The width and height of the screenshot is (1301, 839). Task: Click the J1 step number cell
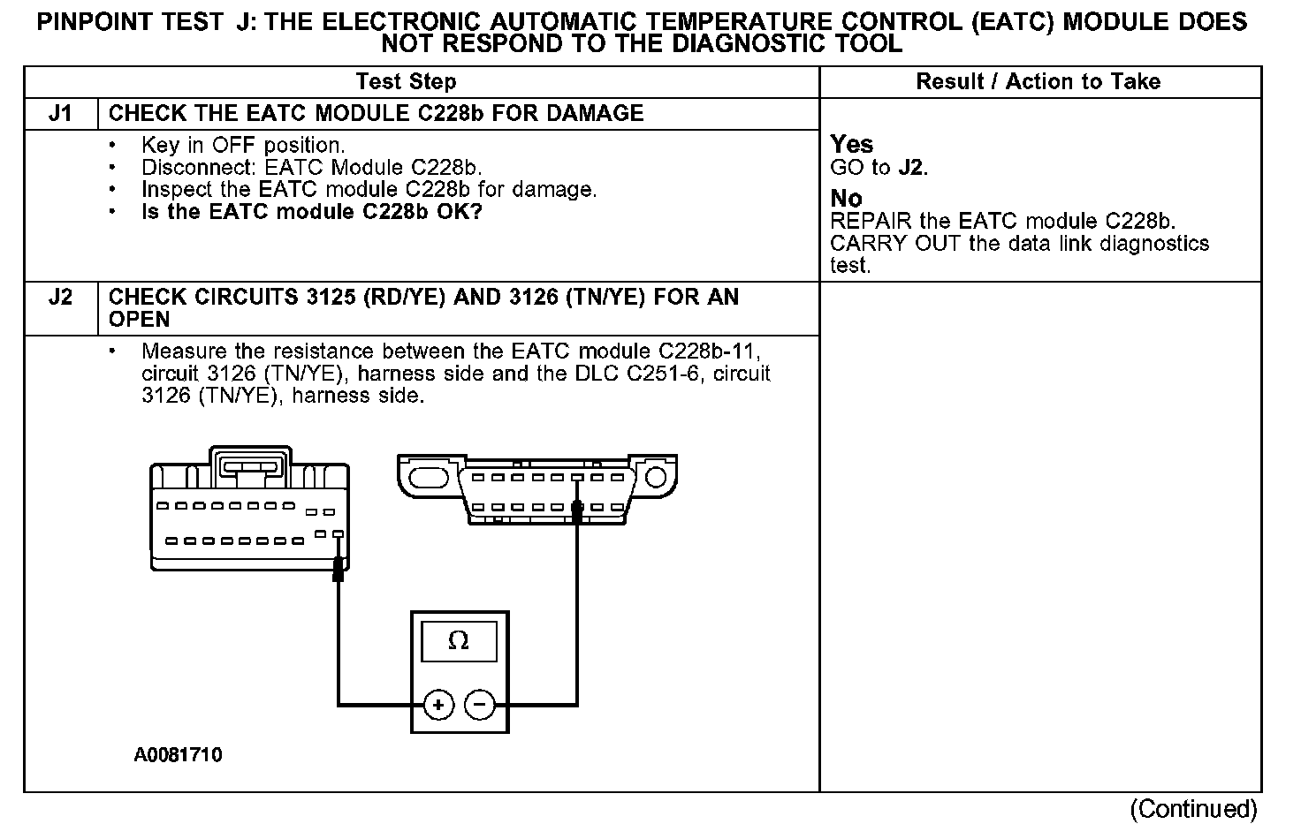tap(60, 114)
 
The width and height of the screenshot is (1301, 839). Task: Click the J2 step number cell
tap(60, 298)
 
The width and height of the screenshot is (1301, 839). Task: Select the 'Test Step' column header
tap(406, 82)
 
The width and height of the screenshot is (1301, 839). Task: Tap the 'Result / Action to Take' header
tap(1038, 82)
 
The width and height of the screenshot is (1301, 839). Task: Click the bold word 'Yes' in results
tap(851, 145)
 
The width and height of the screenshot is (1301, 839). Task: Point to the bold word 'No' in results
tap(846, 199)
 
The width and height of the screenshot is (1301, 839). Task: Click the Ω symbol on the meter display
tap(459, 641)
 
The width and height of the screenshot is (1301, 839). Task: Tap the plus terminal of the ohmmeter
tap(439, 705)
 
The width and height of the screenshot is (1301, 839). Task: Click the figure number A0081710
tap(179, 756)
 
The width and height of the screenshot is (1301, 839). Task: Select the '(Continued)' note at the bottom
tap(1193, 809)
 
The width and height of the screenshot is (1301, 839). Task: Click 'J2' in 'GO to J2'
tap(911, 168)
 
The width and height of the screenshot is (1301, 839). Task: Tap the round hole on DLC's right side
tap(655, 478)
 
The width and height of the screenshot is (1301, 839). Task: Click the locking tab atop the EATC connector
tap(250, 465)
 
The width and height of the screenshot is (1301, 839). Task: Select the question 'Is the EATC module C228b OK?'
tap(312, 212)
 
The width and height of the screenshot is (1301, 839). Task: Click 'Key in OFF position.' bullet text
tap(243, 146)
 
